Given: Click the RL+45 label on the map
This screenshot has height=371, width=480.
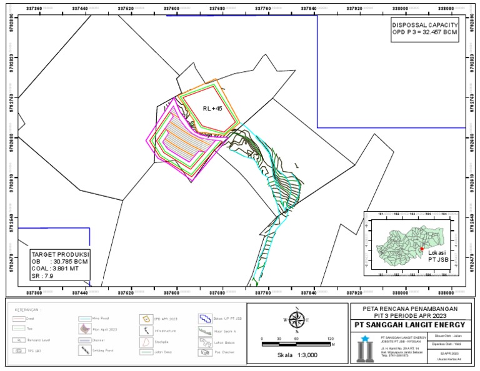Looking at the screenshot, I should [x=212, y=108].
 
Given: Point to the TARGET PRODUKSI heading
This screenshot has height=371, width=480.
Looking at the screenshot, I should [x=60, y=255].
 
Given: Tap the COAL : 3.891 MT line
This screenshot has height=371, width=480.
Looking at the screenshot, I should [x=57, y=269].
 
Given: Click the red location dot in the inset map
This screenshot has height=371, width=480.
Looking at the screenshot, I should [x=422, y=249].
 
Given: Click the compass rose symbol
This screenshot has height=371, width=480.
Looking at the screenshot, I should [x=296, y=319].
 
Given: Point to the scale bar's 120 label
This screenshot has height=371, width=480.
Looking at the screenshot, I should [x=331, y=338].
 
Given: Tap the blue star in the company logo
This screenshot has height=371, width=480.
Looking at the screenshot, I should [x=365, y=338].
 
